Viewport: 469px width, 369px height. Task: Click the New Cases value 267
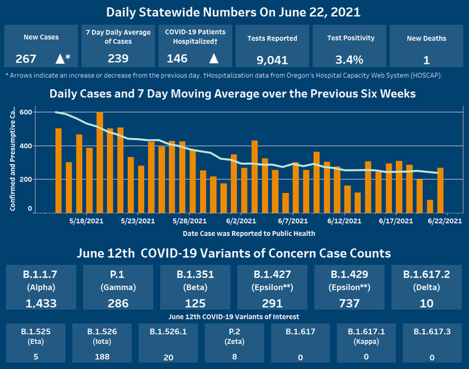[x=26, y=59]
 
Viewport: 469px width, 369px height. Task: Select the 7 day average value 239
[x=117, y=59]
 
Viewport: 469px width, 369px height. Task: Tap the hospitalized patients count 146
[x=177, y=59]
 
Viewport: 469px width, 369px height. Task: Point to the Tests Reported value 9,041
[x=272, y=60]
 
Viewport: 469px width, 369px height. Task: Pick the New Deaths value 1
[x=426, y=60]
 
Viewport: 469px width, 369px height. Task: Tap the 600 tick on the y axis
[x=25, y=112]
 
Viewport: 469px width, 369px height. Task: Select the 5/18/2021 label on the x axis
[x=87, y=222]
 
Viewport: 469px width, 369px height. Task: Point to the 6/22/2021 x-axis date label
[x=446, y=222]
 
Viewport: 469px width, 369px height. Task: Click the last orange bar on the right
[x=440, y=190]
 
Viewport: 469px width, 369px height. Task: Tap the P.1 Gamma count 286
[x=117, y=303]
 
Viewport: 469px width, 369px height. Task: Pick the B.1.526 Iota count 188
[x=101, y=357]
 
